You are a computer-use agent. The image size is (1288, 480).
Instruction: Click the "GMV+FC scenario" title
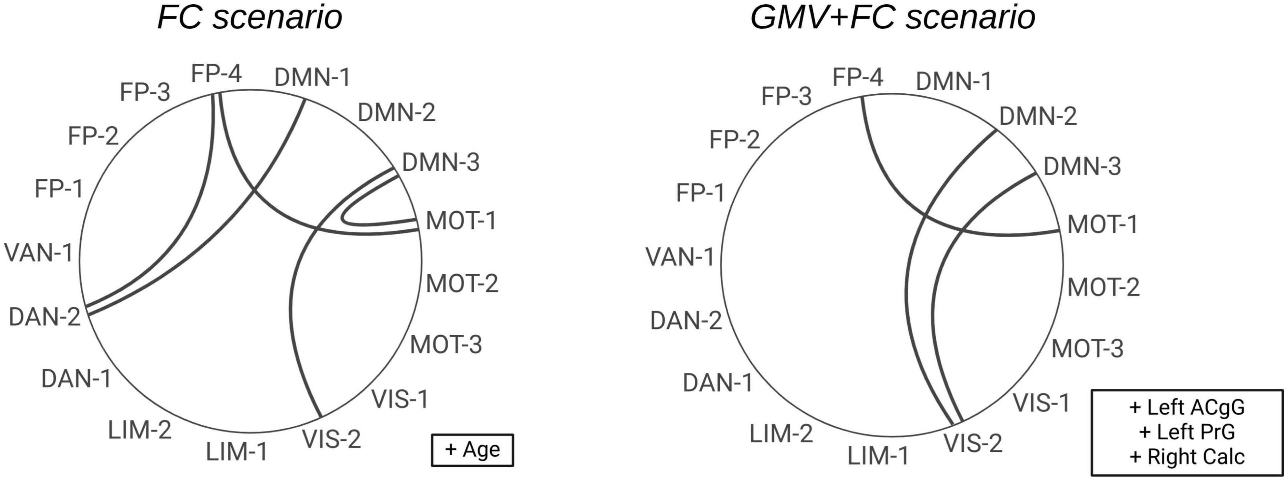tap(892, 19)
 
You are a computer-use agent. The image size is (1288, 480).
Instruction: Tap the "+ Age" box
tap(473, 449)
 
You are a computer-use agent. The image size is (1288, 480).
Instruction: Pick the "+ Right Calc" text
tap(1187, 457)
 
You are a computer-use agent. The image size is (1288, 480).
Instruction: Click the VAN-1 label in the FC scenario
tap(39, 253)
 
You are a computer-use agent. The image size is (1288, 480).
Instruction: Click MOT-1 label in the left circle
tap(461, 221)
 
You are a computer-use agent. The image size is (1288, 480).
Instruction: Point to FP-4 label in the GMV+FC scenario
tap(858, 77)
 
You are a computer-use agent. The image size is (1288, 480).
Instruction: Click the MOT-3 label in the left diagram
tap(446, 345)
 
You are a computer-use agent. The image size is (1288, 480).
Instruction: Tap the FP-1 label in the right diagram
tap(700, 193)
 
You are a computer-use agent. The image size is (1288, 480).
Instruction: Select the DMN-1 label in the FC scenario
tap(312, 77)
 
